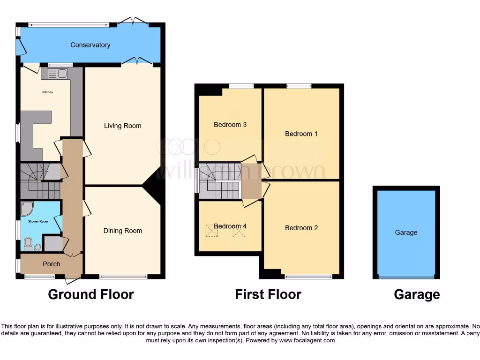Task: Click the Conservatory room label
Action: click(90, 45)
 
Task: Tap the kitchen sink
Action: click(58, 74)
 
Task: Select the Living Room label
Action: click(122, 126)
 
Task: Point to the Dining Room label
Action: click(122, 231)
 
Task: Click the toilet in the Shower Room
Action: click(28, 243)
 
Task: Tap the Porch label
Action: click(51, 264)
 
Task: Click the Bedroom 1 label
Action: click(301, 134)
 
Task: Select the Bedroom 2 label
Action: click(301, 228)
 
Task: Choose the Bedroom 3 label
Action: click(230, 125)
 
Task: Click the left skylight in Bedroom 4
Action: click(209, 230)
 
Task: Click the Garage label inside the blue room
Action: click(406, 232)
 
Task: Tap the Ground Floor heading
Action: click(91, 294)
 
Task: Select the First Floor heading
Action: click(268, 294)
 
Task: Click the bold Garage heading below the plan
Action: click(417, 294)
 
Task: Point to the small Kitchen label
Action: click(48, 92)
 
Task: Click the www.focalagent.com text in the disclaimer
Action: click(307, 340)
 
